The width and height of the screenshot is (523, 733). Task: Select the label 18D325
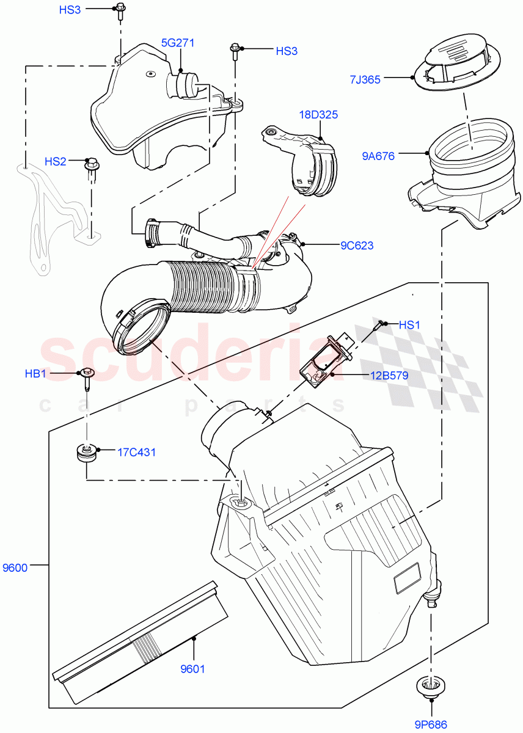tap(318, 114)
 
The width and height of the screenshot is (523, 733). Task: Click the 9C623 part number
tap(357, 246)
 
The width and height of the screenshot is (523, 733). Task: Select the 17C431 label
tap(136, 453)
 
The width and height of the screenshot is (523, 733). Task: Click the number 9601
tap(193, 668)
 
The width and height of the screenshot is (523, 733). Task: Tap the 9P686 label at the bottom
tap(431, 724)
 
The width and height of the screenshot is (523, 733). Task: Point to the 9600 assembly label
tap(15, 567)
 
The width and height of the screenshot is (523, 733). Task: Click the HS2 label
tap(56, 161)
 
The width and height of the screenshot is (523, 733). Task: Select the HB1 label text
tap(35, 373)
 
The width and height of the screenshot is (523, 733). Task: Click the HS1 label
tap(409, 326)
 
